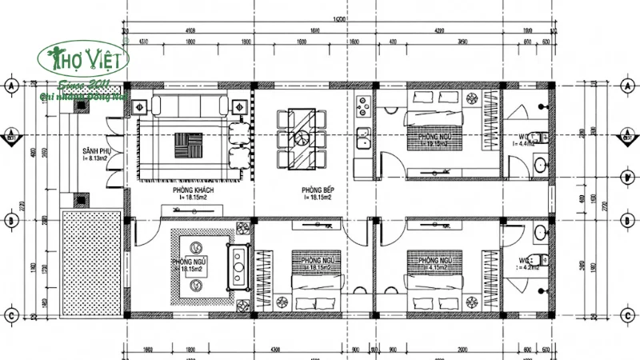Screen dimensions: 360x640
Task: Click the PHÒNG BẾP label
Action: click(x=318, y=190)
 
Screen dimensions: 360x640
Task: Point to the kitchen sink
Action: click(x=362, y=138)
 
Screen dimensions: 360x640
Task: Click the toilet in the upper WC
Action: click(x=540, y=135)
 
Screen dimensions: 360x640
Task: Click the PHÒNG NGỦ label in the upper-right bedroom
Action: click(x=423, y=136)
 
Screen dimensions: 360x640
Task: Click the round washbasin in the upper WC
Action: click(x=541, y=166)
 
